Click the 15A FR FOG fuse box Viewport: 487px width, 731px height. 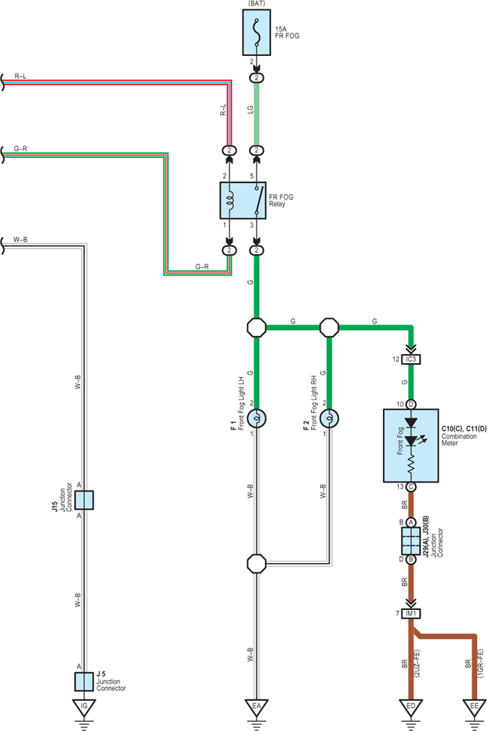point(256,33)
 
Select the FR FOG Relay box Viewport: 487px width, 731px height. point(243,201)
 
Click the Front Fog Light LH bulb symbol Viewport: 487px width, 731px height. point(256,418)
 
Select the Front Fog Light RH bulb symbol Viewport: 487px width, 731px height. point(329,418)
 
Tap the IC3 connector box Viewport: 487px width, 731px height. point(411,360)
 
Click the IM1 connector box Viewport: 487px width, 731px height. point(411,613)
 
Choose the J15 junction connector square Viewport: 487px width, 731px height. point(84,499)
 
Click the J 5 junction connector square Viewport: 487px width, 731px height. point(84,682)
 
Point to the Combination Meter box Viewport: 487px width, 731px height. point(411,446)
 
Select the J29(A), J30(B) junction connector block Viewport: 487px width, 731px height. point(411,541)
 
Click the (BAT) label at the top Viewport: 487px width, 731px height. point(256,3)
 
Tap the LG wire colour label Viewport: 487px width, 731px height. point(250,110)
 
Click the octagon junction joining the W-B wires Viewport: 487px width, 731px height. point(256,564)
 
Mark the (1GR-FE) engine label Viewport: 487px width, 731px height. point(481,663)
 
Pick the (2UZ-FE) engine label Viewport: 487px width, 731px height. point(416,663)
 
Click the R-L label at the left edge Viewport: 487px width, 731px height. point(20,76)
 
